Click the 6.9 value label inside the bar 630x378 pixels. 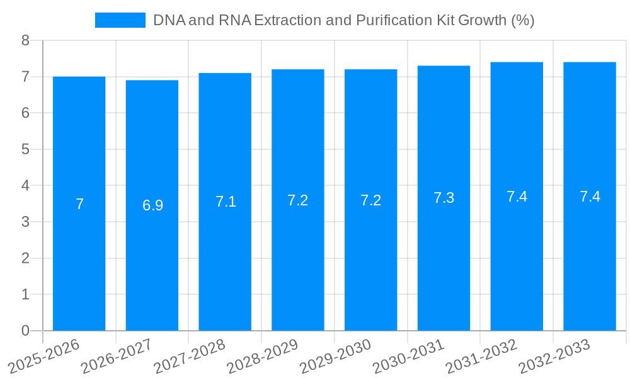[x=152, y=205]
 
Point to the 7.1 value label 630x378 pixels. [x=226, y=202]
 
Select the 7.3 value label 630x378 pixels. [x=444, y=198]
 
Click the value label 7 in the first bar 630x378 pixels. [x=79, y=204]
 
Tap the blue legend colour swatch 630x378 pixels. [x=120, y=20]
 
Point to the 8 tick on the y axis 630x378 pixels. [x=25, y=40]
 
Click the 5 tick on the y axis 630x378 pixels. [x=25, y=149]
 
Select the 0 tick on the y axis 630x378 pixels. [x=25, y=331]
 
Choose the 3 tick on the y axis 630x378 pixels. [x=25, y=222]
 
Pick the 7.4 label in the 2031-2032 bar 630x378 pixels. [x=517, y=197]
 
